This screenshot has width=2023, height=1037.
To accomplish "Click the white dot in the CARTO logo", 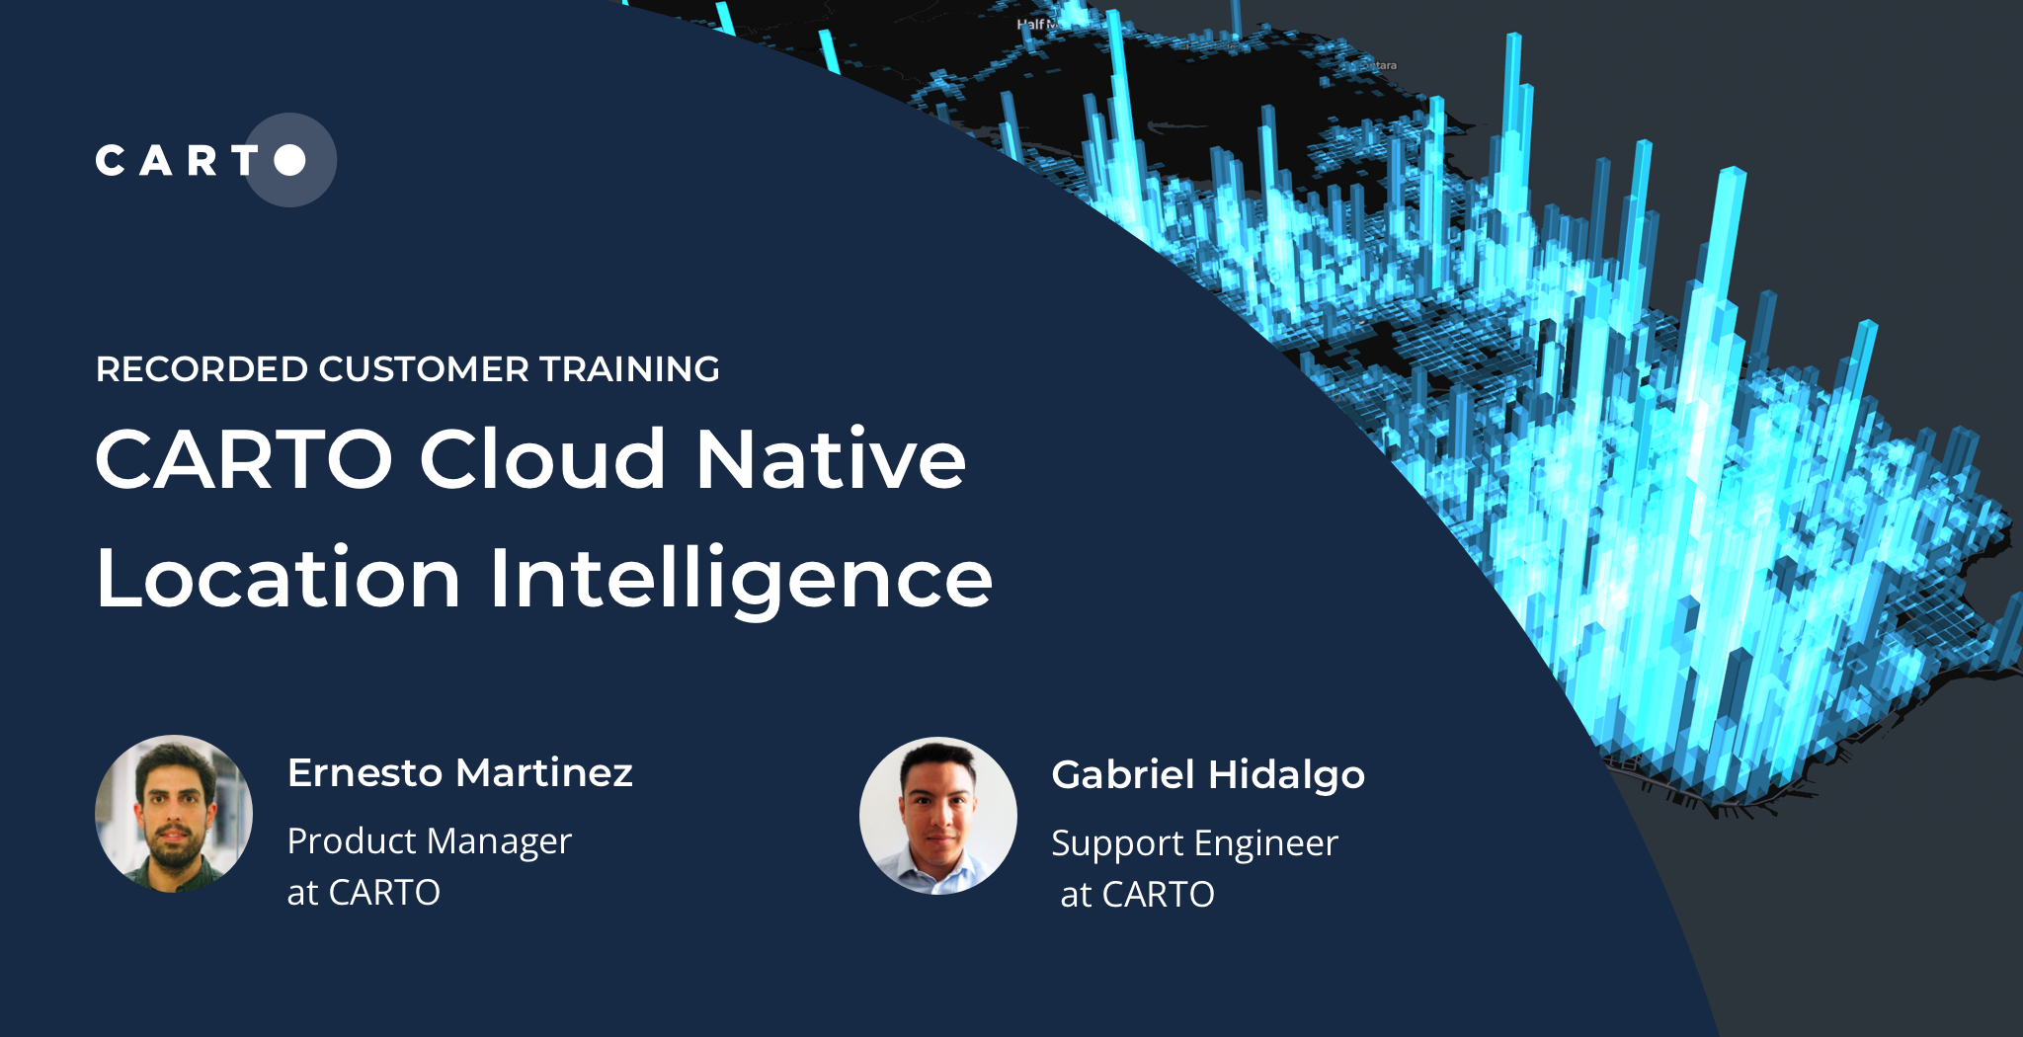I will tap(290, 160).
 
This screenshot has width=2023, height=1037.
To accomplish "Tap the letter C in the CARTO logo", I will tap(110, 160).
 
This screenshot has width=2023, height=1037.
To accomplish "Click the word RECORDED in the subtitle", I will tap(202, 369).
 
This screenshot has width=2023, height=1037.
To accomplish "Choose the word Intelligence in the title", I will tap(741, 580).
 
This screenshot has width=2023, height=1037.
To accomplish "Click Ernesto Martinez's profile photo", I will tap(174, 814).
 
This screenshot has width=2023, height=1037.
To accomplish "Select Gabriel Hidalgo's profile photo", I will tap(937, 816).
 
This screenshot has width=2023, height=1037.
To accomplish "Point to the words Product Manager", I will tap(429, 841).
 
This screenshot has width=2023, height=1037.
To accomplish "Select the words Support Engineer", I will tap(1194, 843).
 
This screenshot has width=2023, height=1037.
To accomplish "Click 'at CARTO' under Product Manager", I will tap(364, 893).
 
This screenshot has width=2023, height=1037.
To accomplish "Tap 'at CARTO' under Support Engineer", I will tap(1137, 895).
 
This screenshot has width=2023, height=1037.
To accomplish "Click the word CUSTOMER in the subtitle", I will tap(424, 369).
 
